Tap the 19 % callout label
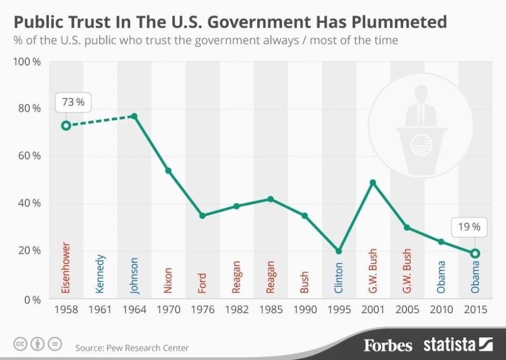[x=469, y=227]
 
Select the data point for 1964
[x=135, y=116]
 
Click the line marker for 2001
[x=373, y=182]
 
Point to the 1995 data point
[x=339, y=251]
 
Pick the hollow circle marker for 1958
[x=66, y=125]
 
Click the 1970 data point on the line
[x=168, y=171]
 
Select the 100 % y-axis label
[x=27, y=61]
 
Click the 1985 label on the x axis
[x=271, y=310]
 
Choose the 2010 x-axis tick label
[x=440, y=310]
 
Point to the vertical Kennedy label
[x=100, y=274]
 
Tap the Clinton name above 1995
[x=339, y=278]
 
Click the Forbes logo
[x=388, y=345]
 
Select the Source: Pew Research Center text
[x=132, y=348]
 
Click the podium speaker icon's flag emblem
[x=421, y=145]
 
